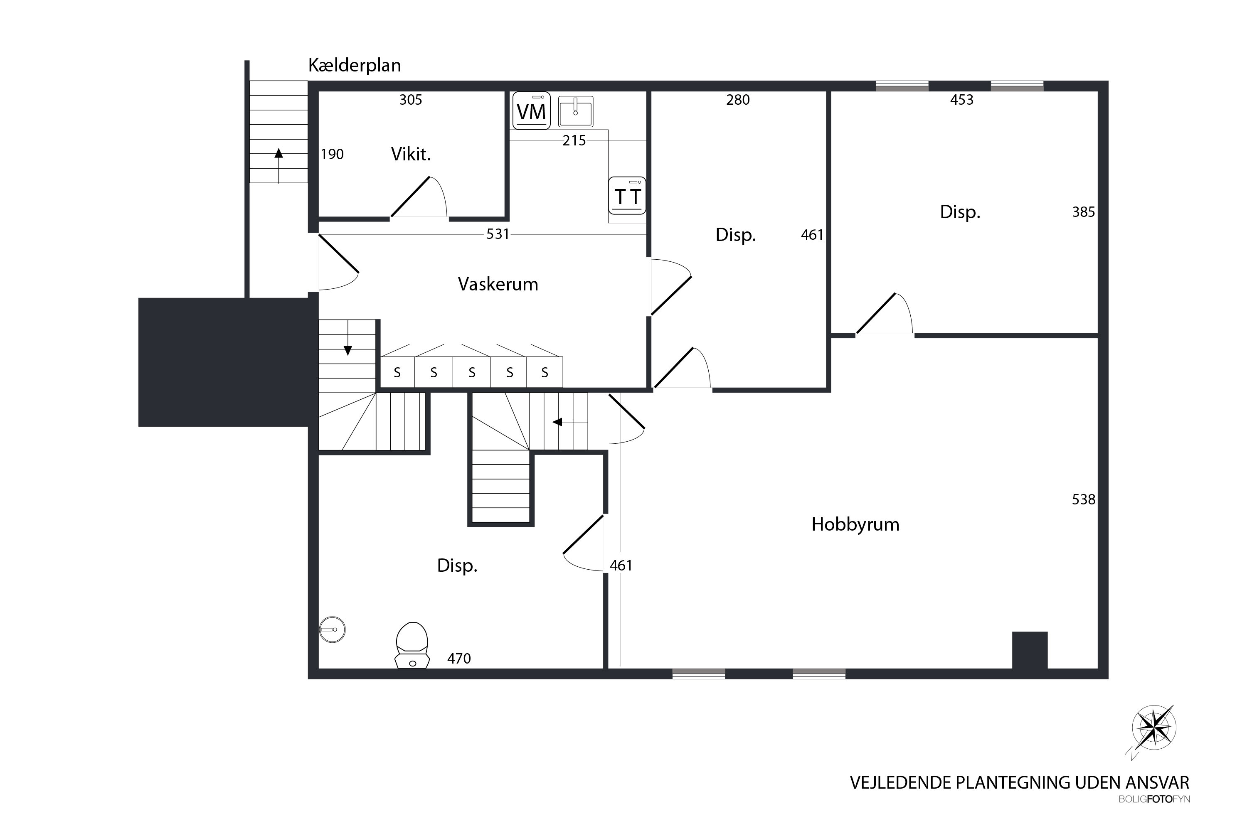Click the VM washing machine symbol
[x=531, y=111]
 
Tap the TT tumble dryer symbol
[x=627, y=196]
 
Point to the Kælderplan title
[x=354, y=65]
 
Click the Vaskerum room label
[x=498, y=284]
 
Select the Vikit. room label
[x=411, y=154]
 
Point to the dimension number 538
[x=1083, y=499]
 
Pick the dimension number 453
[x=962, y=100]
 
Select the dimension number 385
[x=1083, y=212]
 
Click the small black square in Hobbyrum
[x=1030, y=650]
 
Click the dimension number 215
[x=574, y=140]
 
